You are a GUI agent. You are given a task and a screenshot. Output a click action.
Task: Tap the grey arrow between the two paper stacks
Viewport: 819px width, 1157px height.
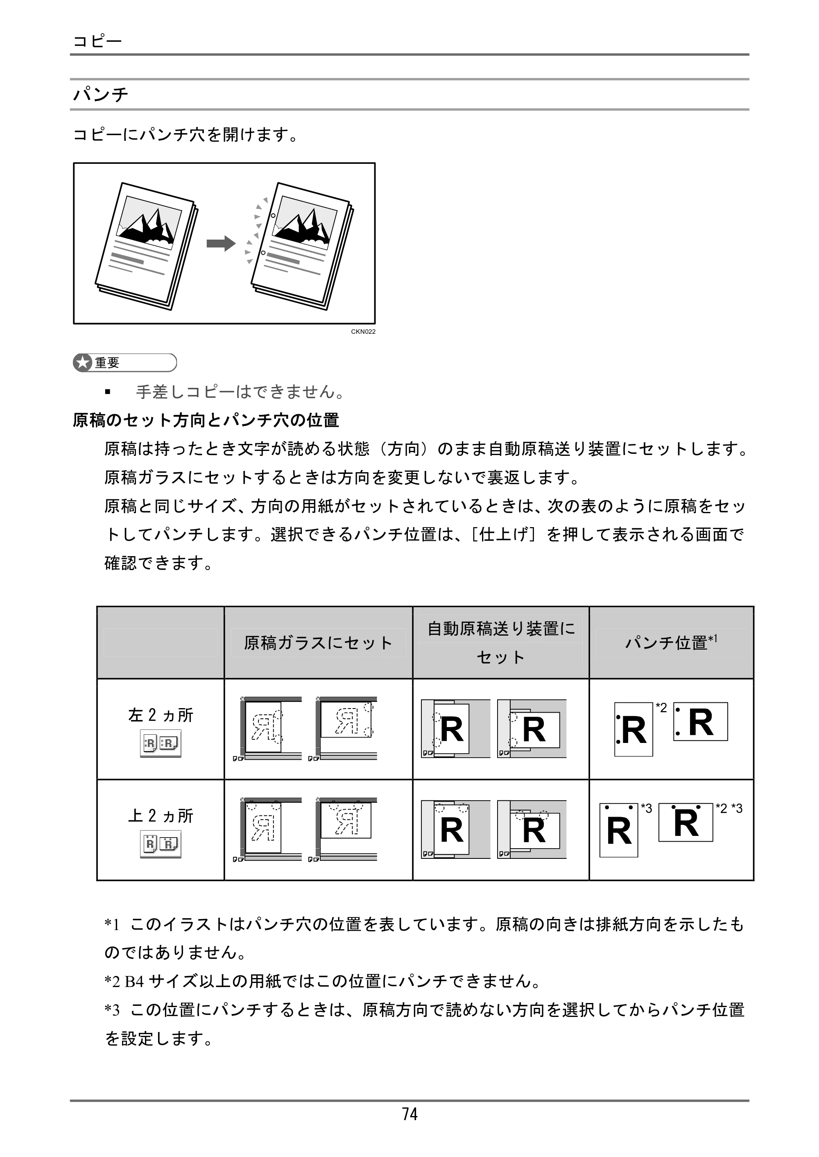tap(221, 244)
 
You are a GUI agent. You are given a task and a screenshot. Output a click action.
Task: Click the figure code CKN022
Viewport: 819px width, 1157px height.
tap(363, 332)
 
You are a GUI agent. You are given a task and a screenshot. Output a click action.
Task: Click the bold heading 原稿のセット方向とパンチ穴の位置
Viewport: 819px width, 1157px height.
tap(206, 420)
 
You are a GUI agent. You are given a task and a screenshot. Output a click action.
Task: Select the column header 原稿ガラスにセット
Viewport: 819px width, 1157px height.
tap(318, 643)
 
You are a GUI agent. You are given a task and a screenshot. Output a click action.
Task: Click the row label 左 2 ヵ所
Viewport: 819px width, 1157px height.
tap(161, 715)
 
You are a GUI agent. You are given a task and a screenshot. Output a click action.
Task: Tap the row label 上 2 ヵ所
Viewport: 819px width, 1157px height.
tap(161, 815)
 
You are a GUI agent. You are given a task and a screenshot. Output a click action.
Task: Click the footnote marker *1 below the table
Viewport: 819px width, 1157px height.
tap(111, 924)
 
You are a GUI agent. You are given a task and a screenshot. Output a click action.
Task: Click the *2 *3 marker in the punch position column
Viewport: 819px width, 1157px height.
tap(729, 808)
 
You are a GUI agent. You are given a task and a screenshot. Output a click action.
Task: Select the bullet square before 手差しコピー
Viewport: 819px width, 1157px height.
tap(107, 392)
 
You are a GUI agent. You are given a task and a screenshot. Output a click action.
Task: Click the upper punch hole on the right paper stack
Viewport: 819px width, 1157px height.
tap(273, 216)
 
